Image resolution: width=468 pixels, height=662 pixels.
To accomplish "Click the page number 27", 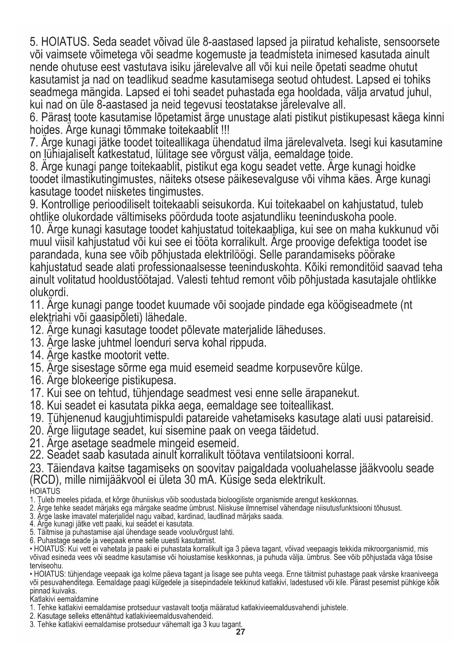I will pos(240,632).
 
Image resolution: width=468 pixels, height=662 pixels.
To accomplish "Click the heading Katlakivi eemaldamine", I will pos(64,599).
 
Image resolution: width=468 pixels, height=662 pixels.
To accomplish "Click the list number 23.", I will pos(36,468).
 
